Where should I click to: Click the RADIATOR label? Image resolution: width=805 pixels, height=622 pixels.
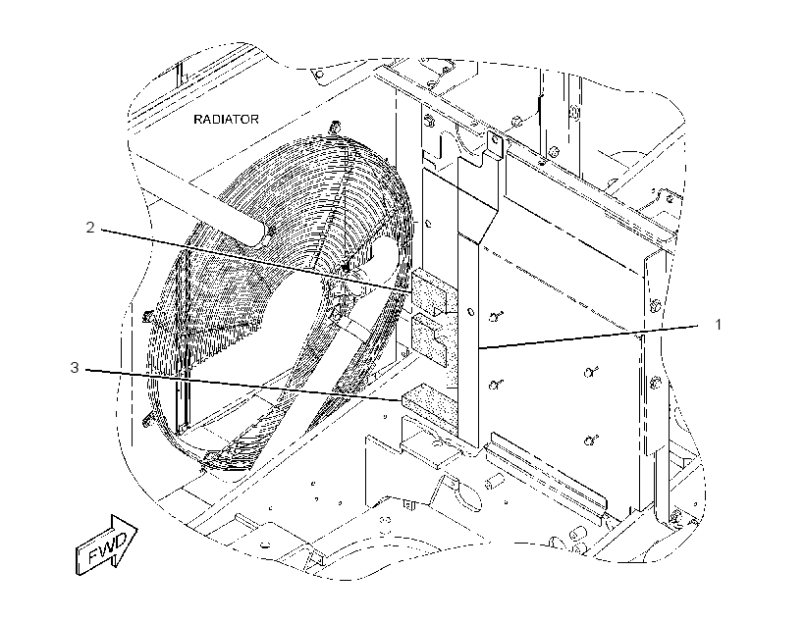226,120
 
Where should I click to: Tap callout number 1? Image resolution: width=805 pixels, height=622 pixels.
719,325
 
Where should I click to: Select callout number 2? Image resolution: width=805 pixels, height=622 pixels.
90,228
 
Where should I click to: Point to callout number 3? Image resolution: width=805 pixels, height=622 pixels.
75,368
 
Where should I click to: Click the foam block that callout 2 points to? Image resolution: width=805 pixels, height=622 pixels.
430,290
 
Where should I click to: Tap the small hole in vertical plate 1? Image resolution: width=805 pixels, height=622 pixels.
471,312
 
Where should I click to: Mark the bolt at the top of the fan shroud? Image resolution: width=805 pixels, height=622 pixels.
336,126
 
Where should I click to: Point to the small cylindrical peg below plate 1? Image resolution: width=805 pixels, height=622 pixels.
493,482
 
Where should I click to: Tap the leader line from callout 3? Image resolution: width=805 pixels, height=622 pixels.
243,385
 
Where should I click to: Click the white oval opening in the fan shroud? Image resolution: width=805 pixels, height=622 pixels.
385,262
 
